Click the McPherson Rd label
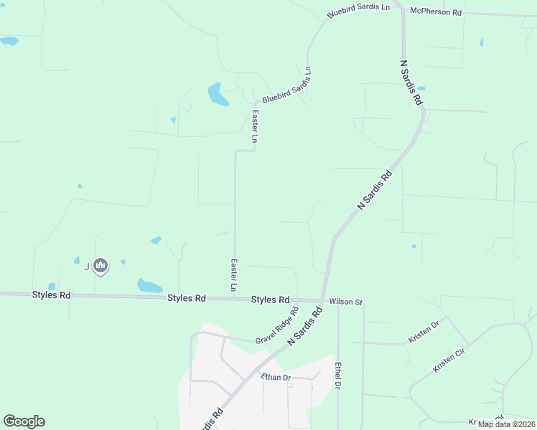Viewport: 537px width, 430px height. coord(435,12)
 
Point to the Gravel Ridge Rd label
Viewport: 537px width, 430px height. coord(276,325)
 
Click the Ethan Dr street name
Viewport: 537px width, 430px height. coord(276,378)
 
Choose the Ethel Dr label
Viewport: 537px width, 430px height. coord(337,376)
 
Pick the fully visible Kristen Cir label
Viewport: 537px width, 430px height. coord(449,360)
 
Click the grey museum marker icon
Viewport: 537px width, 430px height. coord(101,267)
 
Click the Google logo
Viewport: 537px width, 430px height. coord(24,421)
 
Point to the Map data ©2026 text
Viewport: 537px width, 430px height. coord(505,424)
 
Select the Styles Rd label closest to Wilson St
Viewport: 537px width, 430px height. coord(270,300)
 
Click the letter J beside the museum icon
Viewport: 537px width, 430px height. coord(87,267)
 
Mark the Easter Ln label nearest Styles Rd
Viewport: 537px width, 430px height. coord(234,274)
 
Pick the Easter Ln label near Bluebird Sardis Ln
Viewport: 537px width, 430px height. coord(255,125)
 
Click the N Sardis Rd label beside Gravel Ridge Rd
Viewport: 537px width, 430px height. coord(304,330)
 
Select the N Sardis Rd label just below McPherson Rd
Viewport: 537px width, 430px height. coord(411,82)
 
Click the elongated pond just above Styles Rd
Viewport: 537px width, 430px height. coord(150,286)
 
